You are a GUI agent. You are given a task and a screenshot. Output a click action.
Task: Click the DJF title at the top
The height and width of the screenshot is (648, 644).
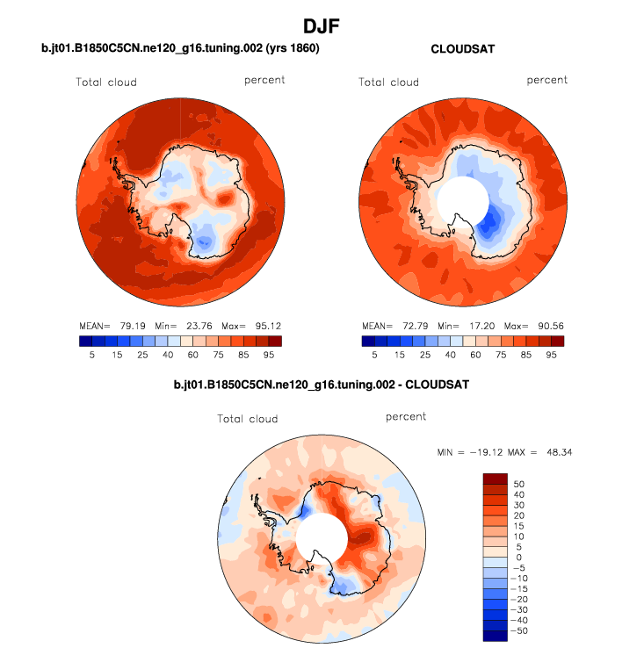(322, 25)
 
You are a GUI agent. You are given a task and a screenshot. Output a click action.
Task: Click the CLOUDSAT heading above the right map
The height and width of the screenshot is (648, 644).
(462, 49)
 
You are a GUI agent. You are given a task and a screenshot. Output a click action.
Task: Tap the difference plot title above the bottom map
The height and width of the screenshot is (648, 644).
(322, 385)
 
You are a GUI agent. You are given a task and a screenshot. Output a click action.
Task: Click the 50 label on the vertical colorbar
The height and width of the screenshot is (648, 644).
(517, 485)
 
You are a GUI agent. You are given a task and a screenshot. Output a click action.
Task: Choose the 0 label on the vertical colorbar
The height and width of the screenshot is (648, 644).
(517, 558)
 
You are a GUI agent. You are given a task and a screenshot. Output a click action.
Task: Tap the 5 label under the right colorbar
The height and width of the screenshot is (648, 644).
(375, 355)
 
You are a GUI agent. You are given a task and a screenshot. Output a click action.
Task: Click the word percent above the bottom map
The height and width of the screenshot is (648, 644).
(405, 416)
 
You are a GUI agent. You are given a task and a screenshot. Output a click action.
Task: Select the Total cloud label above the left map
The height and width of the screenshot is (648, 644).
(105, 83)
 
